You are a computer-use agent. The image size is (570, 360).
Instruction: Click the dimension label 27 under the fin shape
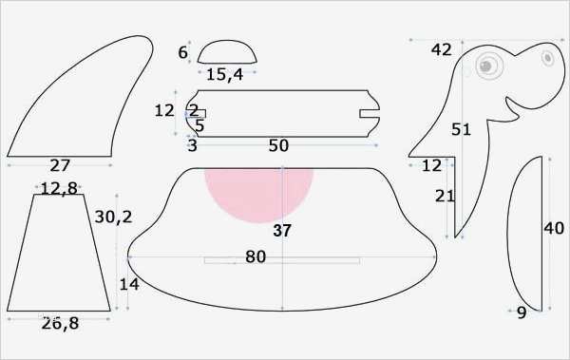[60, 165]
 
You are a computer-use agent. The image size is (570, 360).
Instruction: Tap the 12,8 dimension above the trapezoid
[59, 188]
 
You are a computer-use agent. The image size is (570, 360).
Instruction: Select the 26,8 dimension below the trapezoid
[60, 323]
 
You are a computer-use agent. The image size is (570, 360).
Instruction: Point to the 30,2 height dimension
[113, 218]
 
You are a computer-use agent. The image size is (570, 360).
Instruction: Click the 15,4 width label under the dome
[224, 74]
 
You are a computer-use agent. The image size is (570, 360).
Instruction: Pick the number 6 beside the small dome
[182, 52]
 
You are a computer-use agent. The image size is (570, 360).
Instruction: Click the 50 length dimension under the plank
[278, 145]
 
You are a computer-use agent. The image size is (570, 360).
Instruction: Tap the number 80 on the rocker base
[256, 256]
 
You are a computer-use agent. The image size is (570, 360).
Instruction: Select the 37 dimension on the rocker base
[282, 231]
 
